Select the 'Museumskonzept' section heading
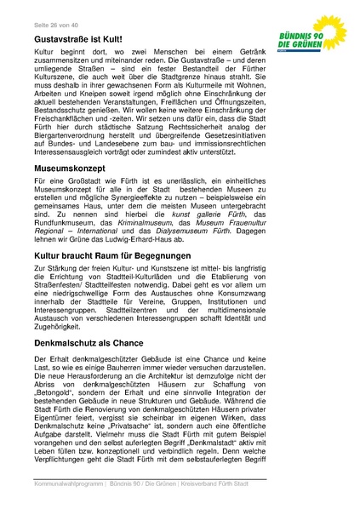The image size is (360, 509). coord(70,170)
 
